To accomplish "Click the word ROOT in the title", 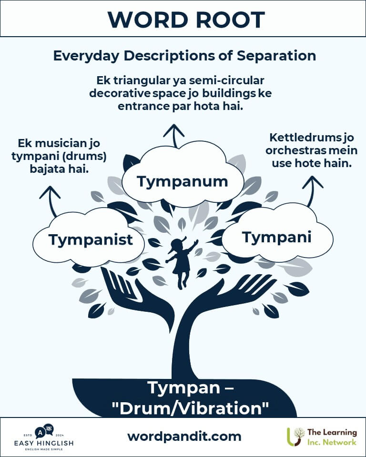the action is (230, 20).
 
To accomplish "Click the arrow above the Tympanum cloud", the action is (174, 136).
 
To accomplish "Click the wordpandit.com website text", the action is (184, 437).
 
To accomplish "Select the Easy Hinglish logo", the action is (44, 437).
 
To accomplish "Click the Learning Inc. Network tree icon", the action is (295, 437).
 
